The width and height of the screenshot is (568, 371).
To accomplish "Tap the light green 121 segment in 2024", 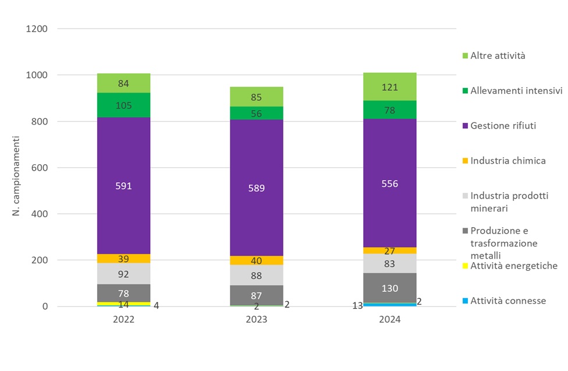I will pos(389,87).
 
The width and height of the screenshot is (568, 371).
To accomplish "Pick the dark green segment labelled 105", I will pos(124,105).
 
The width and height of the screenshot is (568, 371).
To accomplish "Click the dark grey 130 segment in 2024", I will pos(389,288).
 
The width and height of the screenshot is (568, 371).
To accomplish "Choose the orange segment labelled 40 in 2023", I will pos(257,260).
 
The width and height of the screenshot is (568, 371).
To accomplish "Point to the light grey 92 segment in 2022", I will pos(124,273).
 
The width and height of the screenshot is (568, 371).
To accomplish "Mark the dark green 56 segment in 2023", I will pos(257,114).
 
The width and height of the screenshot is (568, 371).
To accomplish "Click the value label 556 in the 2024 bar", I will pos(389,183).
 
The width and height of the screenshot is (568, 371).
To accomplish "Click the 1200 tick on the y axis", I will pos(37,29).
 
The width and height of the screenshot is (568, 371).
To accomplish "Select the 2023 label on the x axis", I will pos(257,320).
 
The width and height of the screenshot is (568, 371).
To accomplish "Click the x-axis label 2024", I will pos(389,320).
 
